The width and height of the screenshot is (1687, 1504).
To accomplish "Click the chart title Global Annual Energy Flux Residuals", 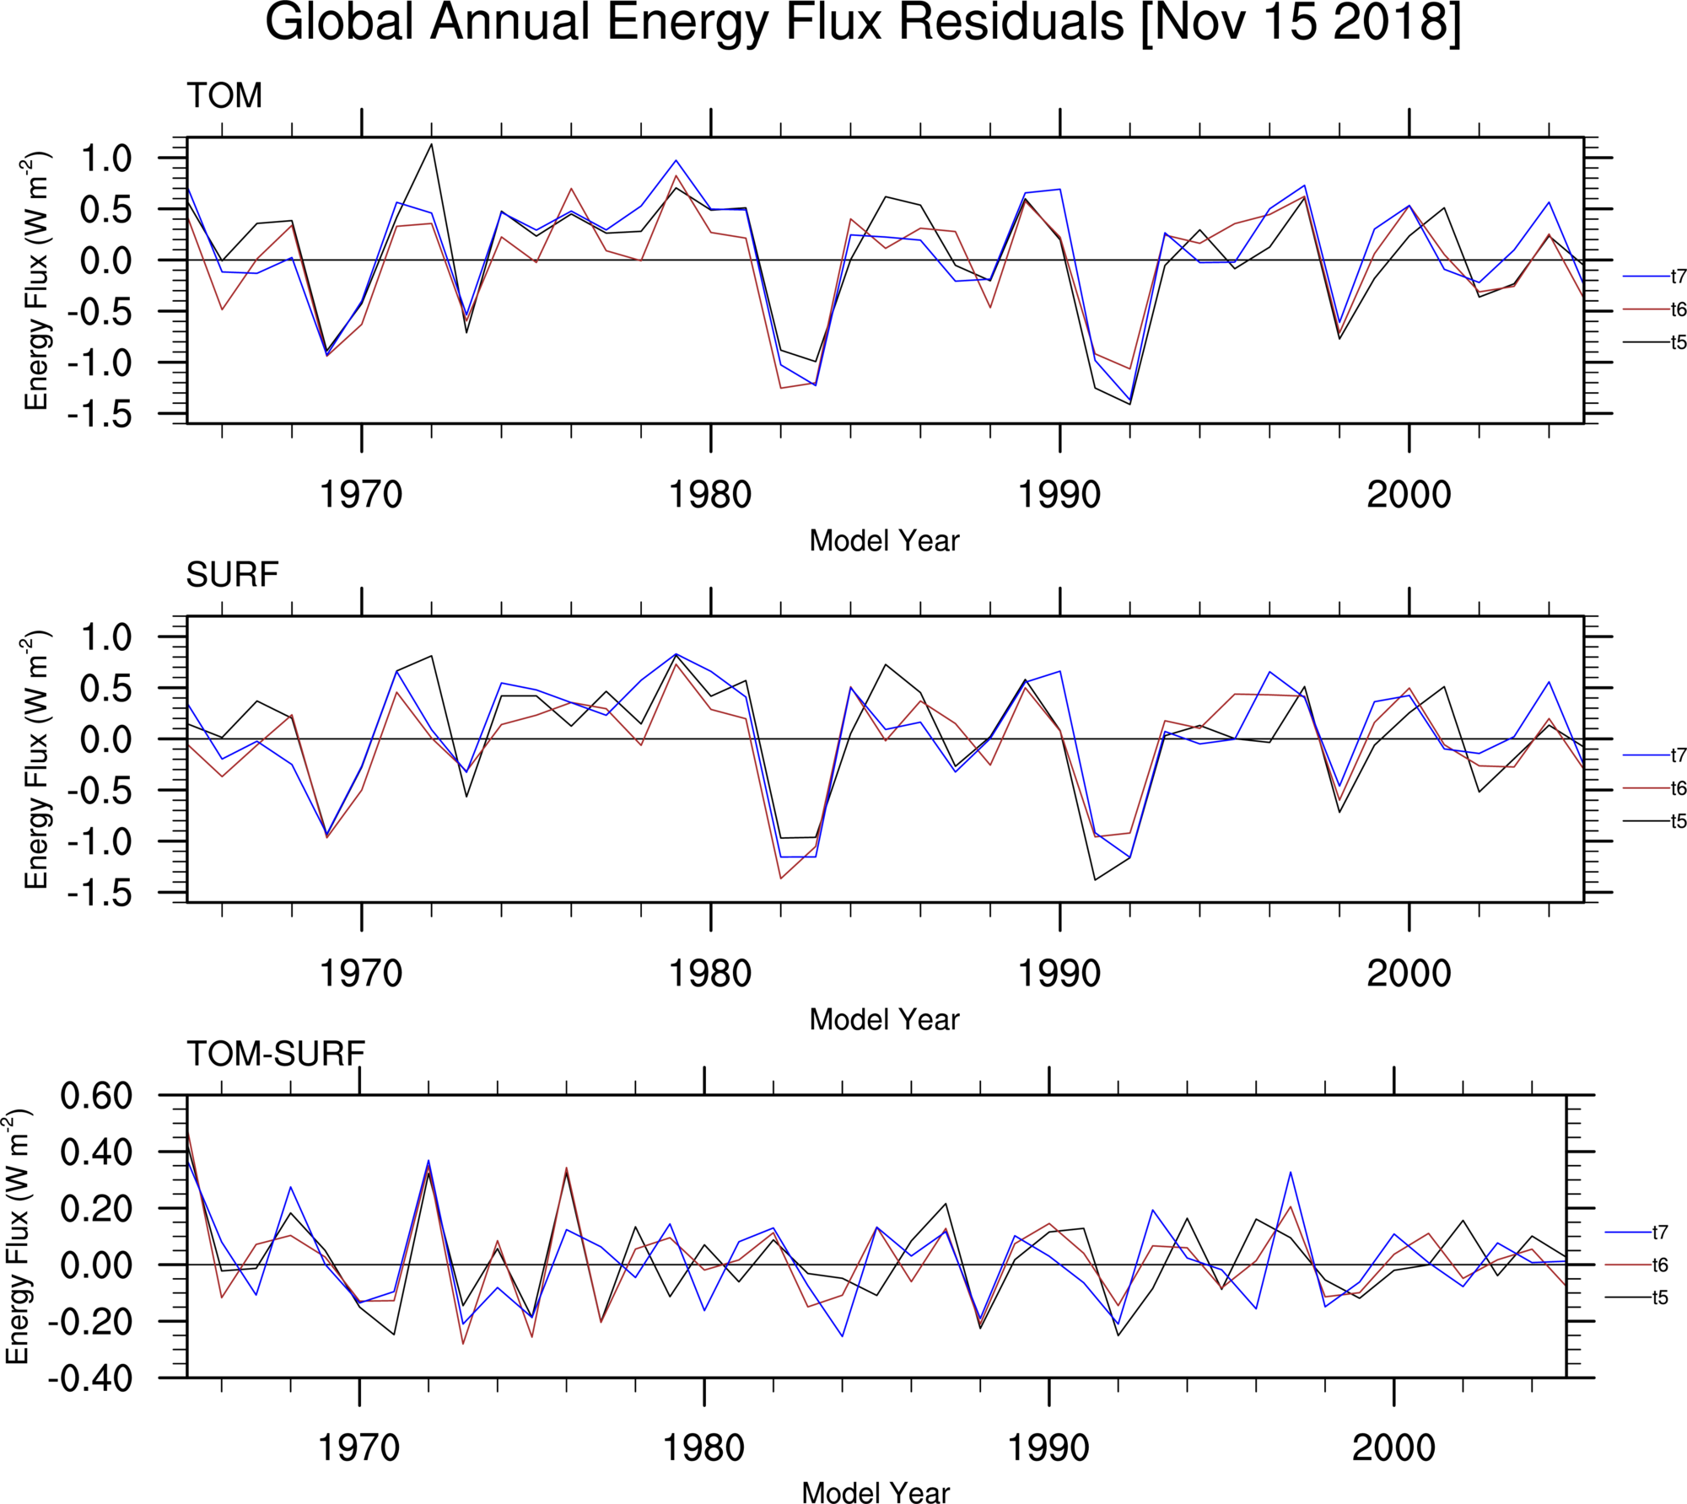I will (862, 24).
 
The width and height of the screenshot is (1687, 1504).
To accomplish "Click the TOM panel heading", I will (224, 96).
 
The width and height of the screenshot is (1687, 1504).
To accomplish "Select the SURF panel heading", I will (232, 575).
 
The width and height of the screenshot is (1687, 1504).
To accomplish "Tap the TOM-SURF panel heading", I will (276, 1054).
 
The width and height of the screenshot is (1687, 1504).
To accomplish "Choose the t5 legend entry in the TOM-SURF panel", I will (1659, 1297).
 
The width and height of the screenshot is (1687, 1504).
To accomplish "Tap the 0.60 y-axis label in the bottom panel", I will (96, 1096).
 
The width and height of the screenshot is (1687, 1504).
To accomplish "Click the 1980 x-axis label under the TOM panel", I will (710, 495).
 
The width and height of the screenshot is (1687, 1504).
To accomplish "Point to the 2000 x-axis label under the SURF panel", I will (1409, 974).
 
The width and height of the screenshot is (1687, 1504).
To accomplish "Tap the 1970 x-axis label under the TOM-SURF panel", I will (358, 1448).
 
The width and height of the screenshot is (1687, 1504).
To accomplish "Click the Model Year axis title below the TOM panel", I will (884, 541).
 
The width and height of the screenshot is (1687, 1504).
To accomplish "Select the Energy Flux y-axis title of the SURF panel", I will (35, 760).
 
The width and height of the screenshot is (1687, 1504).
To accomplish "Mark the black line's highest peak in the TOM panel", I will (432, 144).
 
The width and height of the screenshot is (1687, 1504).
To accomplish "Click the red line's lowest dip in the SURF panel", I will (780, 878).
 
